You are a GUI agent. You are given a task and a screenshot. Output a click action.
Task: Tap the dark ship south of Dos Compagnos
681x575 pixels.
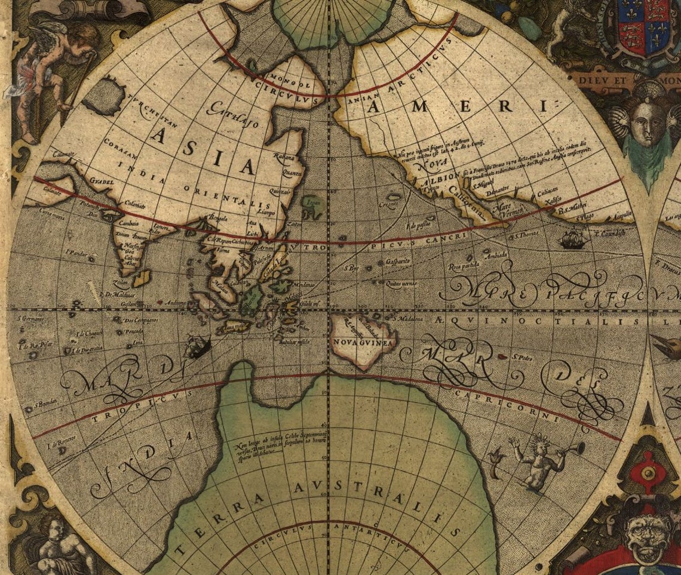[x=197, y=346]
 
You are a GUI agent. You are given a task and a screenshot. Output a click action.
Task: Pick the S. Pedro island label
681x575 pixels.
[x=522, y=357]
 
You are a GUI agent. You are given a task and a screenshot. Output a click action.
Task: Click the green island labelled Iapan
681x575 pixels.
[x=312, y=204]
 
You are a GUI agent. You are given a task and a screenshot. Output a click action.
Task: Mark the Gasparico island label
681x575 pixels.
[x=397, y=262]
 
